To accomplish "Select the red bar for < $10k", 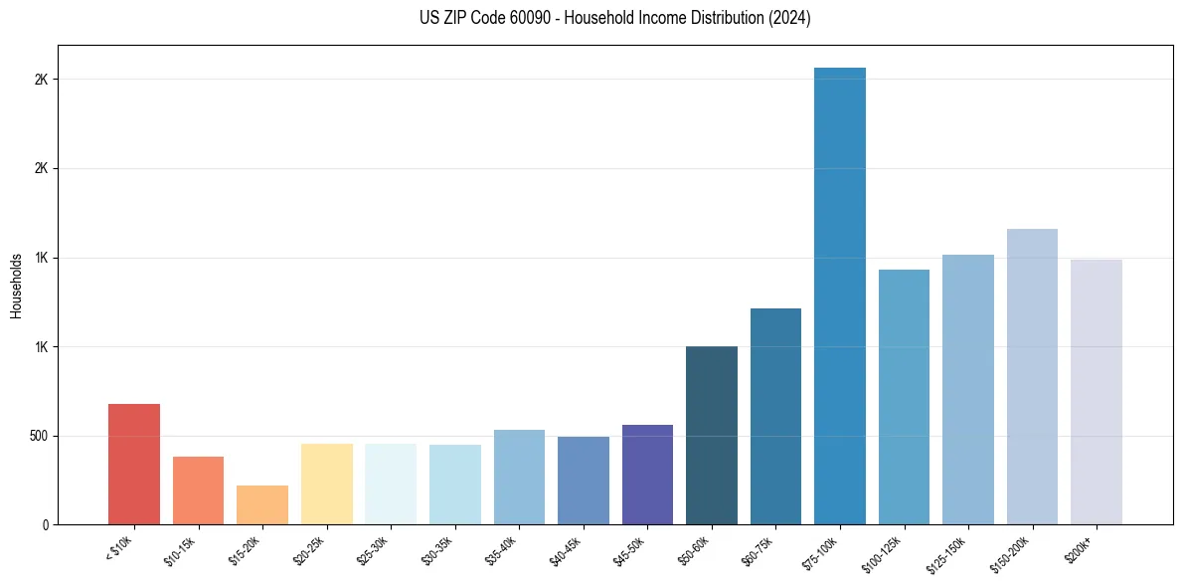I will coord(134,465).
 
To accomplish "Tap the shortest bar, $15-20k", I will coord(262,505).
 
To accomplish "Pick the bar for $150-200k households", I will coord(1032,377).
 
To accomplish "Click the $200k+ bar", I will coord(1097,392).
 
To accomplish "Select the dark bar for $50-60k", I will coord(712,436).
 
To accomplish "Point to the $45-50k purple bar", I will coord(647,475).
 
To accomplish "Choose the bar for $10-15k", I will coord(198,490).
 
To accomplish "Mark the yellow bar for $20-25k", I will coord(327,485).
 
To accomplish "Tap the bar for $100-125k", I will coord(904,397).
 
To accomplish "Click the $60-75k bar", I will coord(775,417).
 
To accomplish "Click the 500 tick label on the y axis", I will coord(39,436).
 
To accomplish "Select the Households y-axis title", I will coord(16,286).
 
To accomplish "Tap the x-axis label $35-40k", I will coord(502,550).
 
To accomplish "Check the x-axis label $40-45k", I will coord(566,550).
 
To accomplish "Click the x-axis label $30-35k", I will coord(437,550).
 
